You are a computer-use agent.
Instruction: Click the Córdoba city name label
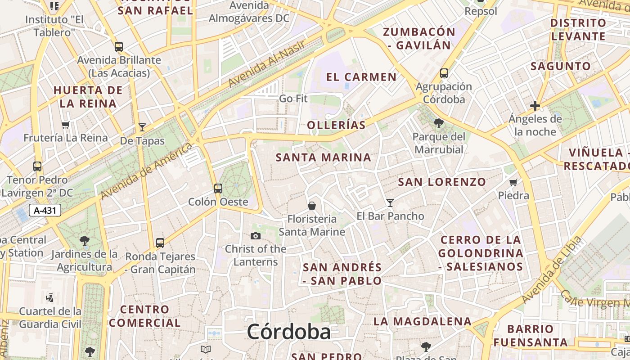288,332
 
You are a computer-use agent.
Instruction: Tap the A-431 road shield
45,210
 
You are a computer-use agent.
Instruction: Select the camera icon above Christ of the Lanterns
256,236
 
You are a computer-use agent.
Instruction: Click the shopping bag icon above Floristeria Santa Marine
311,206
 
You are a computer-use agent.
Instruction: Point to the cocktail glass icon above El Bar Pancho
390,203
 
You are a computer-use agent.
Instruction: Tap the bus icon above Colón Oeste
218,188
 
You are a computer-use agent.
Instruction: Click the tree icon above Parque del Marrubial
439,123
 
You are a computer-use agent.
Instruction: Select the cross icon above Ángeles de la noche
535,106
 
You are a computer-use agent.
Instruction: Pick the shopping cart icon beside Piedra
513,182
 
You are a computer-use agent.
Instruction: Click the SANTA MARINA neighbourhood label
324,157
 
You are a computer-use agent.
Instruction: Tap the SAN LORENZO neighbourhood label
442,182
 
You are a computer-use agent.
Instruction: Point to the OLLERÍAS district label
336,125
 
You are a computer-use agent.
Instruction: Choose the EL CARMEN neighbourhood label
361,77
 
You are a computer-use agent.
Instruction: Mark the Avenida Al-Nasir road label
267,63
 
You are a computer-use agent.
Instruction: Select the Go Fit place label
293,98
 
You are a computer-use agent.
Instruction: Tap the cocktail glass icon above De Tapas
142,127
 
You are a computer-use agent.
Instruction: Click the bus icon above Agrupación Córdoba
444,73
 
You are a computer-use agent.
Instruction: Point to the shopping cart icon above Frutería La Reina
66,125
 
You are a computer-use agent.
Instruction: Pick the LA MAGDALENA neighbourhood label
423,321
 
